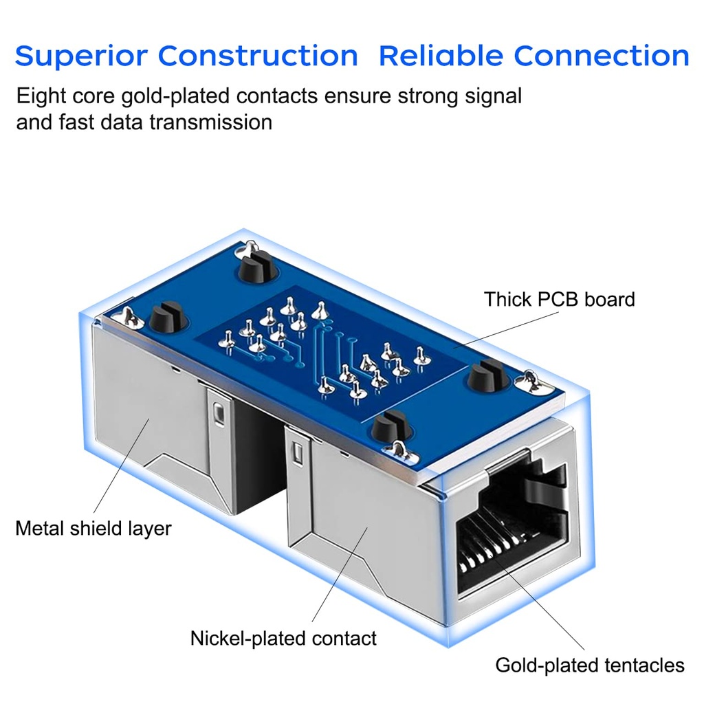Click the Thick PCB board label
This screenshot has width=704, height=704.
559,300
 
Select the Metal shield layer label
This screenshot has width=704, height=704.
93,528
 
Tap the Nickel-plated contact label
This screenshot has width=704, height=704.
283,638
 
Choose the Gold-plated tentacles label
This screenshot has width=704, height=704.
590,665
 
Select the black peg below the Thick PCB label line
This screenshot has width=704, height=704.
487,376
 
